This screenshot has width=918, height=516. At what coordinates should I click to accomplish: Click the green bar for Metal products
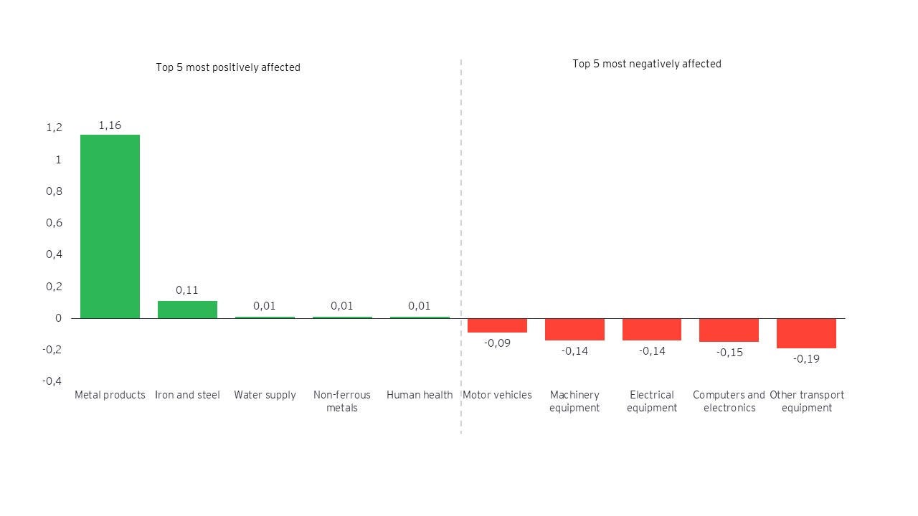point(110,226)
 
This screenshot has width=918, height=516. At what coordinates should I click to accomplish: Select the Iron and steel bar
point(187,310)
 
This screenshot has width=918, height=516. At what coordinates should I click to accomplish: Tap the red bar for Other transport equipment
point(806,333)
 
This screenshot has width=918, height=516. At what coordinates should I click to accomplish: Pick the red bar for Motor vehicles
point(497,325)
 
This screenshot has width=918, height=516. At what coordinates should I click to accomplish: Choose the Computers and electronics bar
point(729,330)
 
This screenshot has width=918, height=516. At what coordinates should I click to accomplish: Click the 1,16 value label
point(110,125)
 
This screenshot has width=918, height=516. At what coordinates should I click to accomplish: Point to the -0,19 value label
point(806,358)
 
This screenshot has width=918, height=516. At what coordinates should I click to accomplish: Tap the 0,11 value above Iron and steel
point(187,290)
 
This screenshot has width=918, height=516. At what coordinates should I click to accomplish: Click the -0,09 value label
point(497,343)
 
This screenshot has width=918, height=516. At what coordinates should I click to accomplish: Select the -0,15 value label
point(729,352)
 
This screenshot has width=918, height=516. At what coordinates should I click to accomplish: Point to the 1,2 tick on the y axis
point(55,128)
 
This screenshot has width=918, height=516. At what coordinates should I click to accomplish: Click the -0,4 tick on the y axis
point(52,381)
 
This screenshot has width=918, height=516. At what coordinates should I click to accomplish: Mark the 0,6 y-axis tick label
point(55,223)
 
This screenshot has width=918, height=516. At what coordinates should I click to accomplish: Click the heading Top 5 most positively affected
point(228,67)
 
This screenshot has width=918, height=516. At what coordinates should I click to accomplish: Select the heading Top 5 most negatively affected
point(646,64)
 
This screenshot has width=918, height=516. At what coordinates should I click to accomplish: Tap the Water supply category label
point(265,395)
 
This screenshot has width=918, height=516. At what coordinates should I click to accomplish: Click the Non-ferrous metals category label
point(342,401)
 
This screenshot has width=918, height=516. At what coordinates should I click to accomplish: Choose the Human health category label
point(420,395)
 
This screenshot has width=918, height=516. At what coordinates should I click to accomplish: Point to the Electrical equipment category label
point(652,401)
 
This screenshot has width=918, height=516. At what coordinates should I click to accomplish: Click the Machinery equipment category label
point(574,401)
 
